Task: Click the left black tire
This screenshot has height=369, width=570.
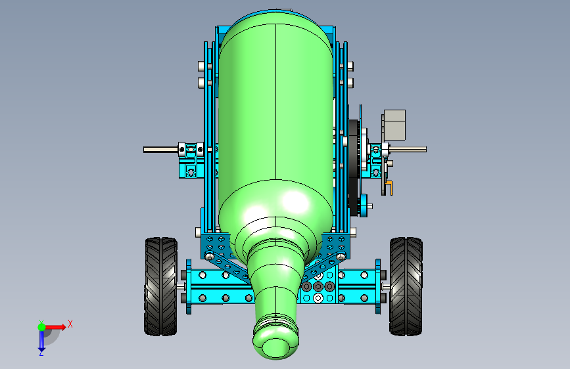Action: (x=160, y=286)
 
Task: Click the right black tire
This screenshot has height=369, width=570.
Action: (x=406, y=286)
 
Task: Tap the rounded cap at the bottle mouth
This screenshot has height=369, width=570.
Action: (x=275, y=347)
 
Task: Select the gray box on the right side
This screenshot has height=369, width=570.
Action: (x=394, y=125)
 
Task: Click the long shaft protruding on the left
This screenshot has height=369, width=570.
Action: (x=161, y=150)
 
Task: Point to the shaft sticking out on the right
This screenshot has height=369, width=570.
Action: (x=408, y=149)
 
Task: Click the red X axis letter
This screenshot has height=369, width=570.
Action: (x=70, y=324)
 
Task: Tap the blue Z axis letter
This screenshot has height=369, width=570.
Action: (x=41, y=353)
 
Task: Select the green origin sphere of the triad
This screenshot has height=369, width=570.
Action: (x=42, y=327)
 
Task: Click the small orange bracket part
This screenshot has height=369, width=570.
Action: (x=390, y=187)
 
